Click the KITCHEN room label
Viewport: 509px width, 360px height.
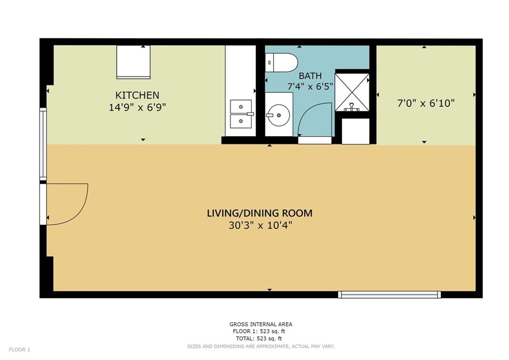pos(137,95)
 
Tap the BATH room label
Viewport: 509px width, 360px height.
pos(310,76)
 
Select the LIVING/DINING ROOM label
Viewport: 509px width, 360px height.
pos(259,213)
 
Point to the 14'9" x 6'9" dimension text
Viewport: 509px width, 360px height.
pos(137,107)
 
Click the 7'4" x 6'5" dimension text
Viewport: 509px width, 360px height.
pos(310,87)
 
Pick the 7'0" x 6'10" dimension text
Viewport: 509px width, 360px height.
pos(426,103)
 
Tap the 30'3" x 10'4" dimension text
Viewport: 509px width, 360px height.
pos(260,225)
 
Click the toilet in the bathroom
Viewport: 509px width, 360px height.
pos(281,62)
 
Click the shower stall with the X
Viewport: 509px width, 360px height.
pos(352,92)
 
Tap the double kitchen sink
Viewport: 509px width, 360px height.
pos(241,114)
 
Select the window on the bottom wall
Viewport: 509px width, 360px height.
pos(389,294)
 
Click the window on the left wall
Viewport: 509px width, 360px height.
pos(43,144)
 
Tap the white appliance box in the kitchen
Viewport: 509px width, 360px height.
pos(133,62)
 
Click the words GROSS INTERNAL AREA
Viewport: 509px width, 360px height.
pos(260,324)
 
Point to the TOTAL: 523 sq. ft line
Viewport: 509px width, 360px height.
pos(258,339)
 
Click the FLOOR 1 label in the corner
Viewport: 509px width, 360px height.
pos(19,350)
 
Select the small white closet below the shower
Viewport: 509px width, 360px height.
pos(355,131)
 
